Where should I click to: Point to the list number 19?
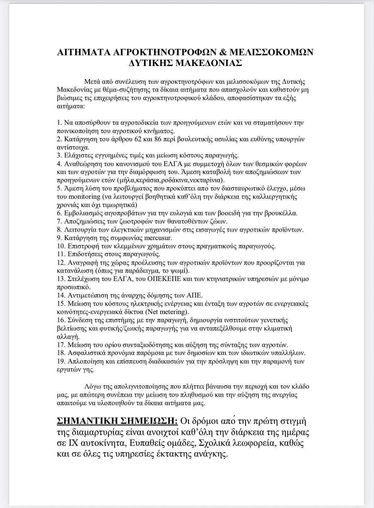point(61,361)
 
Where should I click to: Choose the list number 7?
point(59,221)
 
